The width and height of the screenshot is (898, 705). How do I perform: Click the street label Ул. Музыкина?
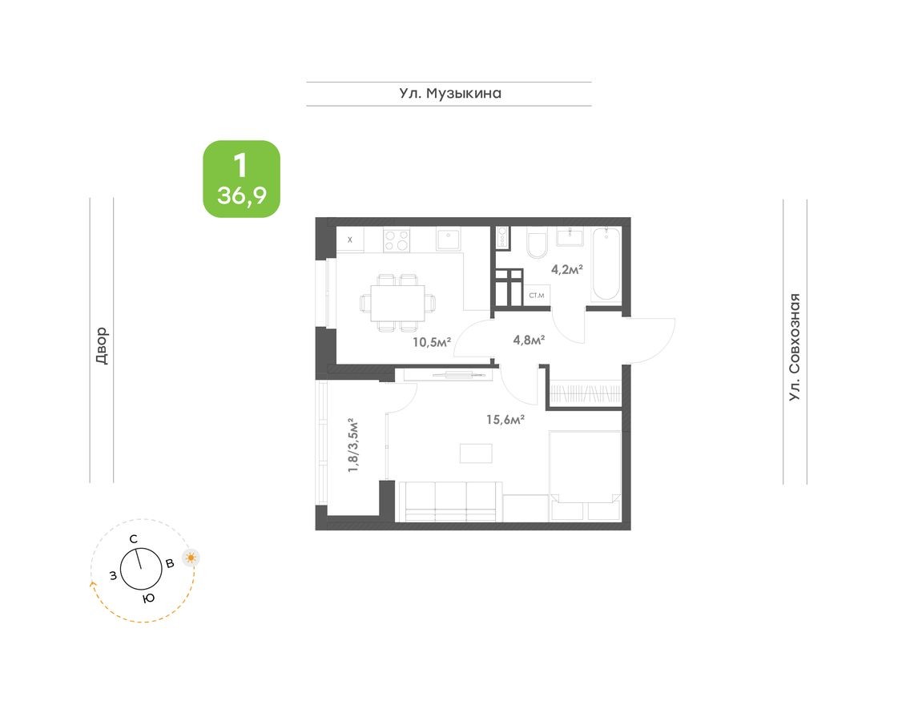450,94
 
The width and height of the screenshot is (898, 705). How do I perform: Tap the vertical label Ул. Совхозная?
794,347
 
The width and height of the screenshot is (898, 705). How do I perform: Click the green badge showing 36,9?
241,179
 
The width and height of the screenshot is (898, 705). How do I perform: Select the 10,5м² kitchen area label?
432,342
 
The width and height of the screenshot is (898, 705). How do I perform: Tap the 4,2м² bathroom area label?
566,269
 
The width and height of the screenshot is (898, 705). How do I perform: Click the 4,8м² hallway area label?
529,340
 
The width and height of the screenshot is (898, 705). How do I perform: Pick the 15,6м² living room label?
505,419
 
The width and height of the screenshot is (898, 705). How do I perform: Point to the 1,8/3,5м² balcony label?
352,445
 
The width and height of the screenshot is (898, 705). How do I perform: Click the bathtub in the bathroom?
605,264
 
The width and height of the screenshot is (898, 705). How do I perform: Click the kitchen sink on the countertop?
449,239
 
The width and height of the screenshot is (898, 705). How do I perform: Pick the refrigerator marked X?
350,240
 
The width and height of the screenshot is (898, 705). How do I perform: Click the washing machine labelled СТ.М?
536,296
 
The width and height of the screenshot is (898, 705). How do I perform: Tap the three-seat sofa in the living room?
449,502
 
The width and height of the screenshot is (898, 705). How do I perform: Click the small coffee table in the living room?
477,453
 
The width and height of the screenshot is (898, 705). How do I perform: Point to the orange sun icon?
191,558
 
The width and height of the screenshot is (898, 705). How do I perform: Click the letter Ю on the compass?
148,598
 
